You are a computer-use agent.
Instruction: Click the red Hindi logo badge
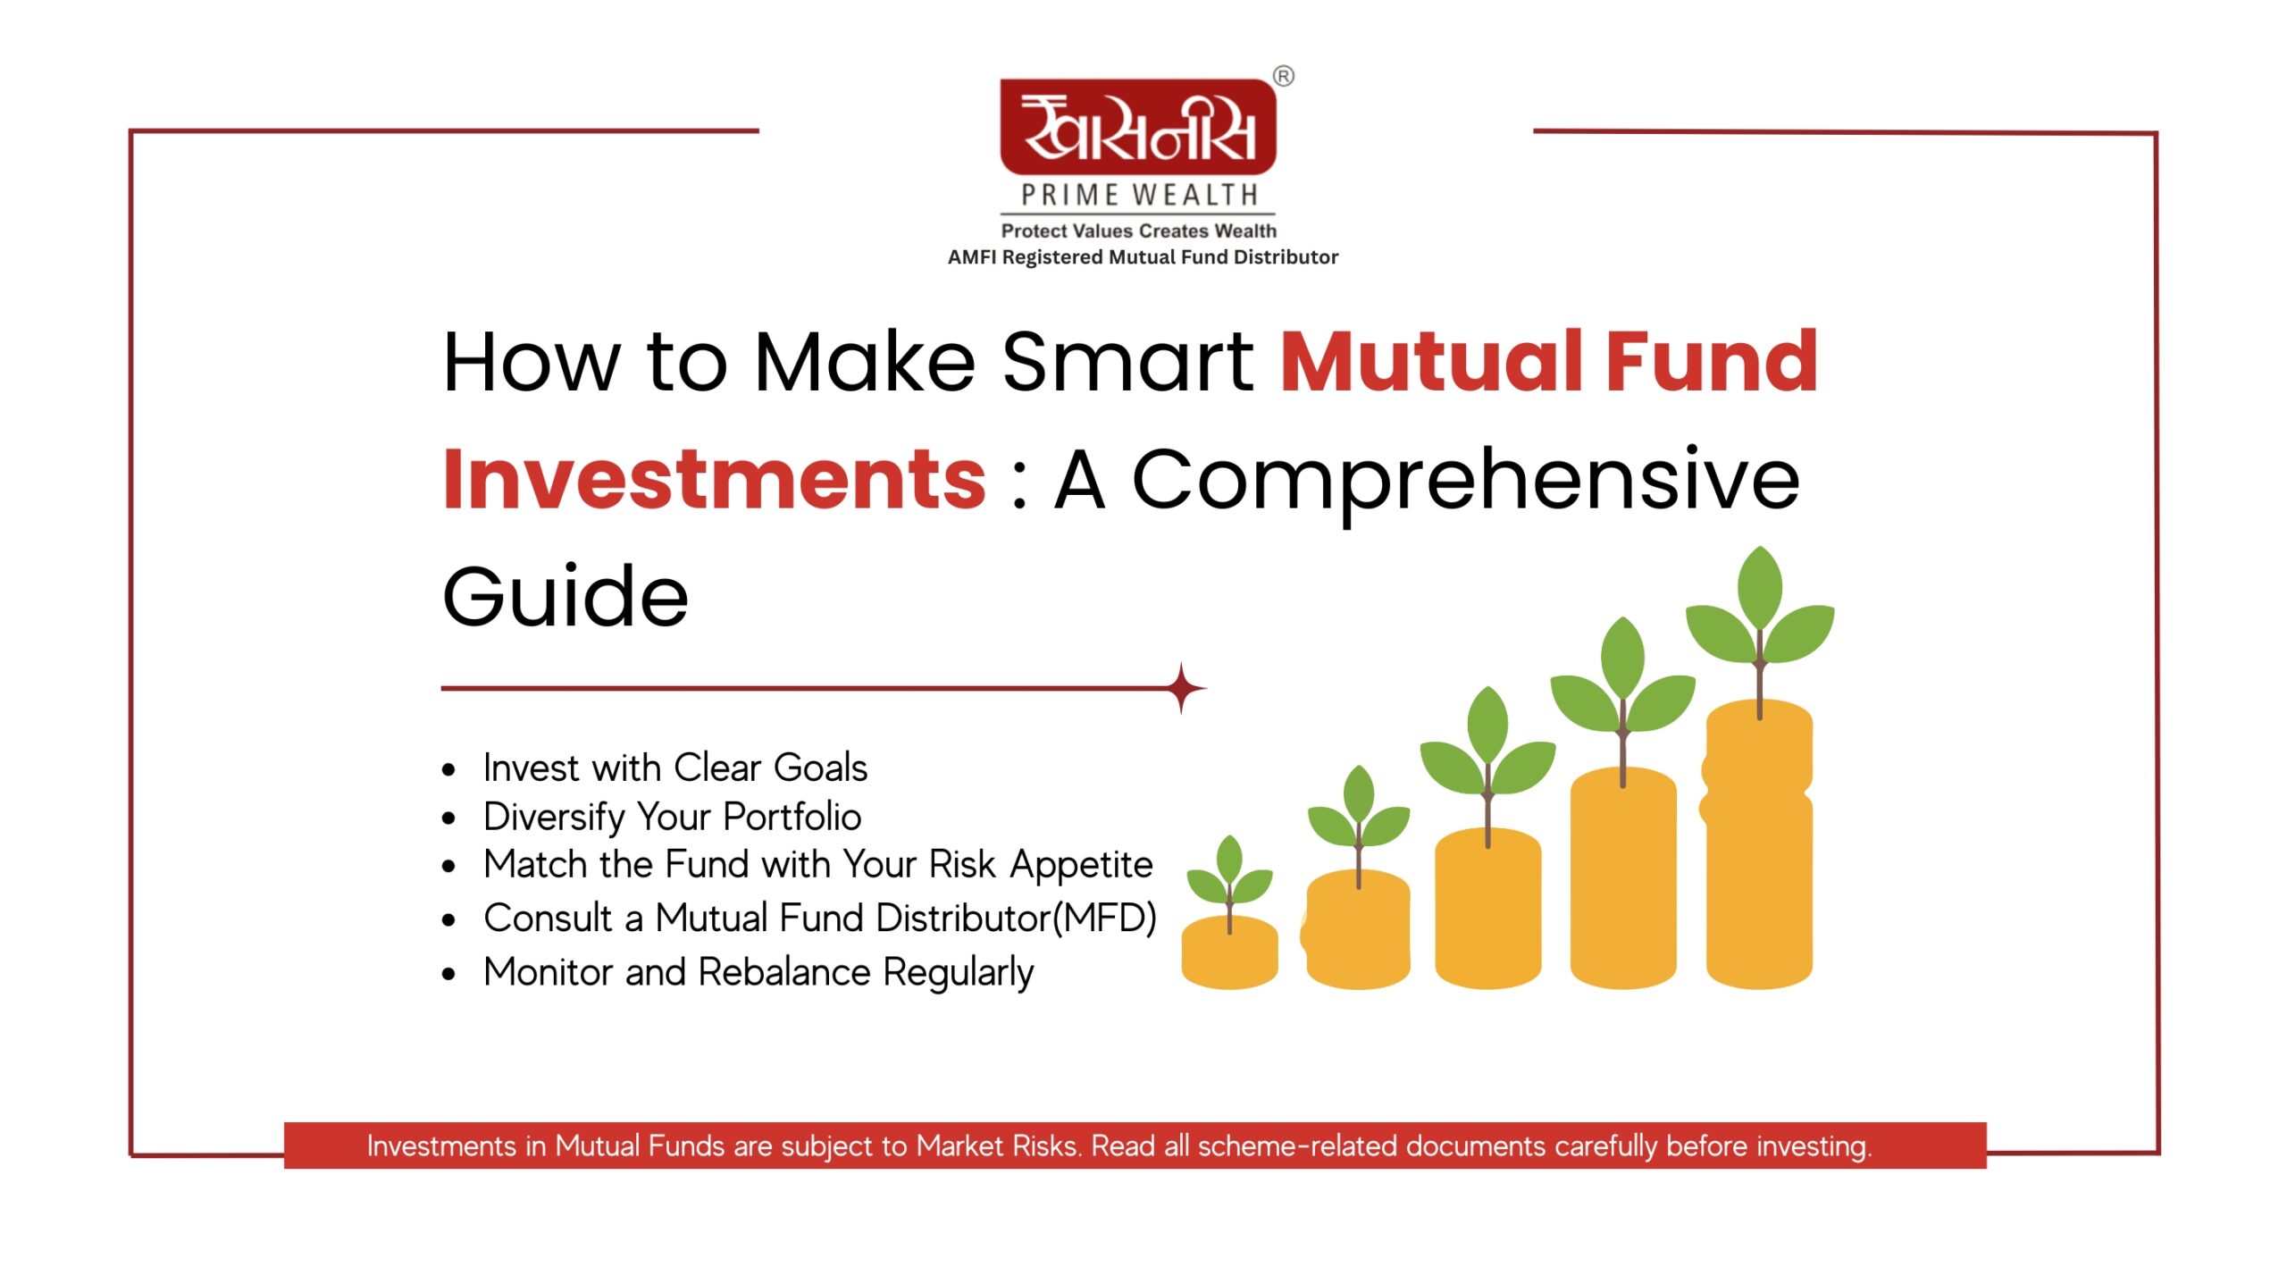point(1138,127)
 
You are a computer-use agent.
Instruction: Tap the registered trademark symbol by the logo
point(1284,76)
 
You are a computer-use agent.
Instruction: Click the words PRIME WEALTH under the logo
point(1139,195)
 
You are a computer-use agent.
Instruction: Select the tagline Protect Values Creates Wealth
point(1139,231)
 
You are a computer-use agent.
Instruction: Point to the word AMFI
point(972,257)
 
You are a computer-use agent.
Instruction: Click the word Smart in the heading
point(1127,362)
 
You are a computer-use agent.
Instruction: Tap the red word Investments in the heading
point(715,480)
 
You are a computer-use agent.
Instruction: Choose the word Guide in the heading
point(565,596)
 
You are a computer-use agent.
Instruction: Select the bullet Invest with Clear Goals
point(675,768)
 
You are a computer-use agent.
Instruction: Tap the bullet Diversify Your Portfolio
point(673,817)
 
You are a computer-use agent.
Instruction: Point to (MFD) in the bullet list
point(1104,919)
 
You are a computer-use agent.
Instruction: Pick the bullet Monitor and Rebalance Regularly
point(758,972)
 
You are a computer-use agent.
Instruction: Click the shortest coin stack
point(1229,953)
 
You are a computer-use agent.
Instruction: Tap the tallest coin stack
point(1758,845)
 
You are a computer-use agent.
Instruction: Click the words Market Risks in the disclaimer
point(998,1146)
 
